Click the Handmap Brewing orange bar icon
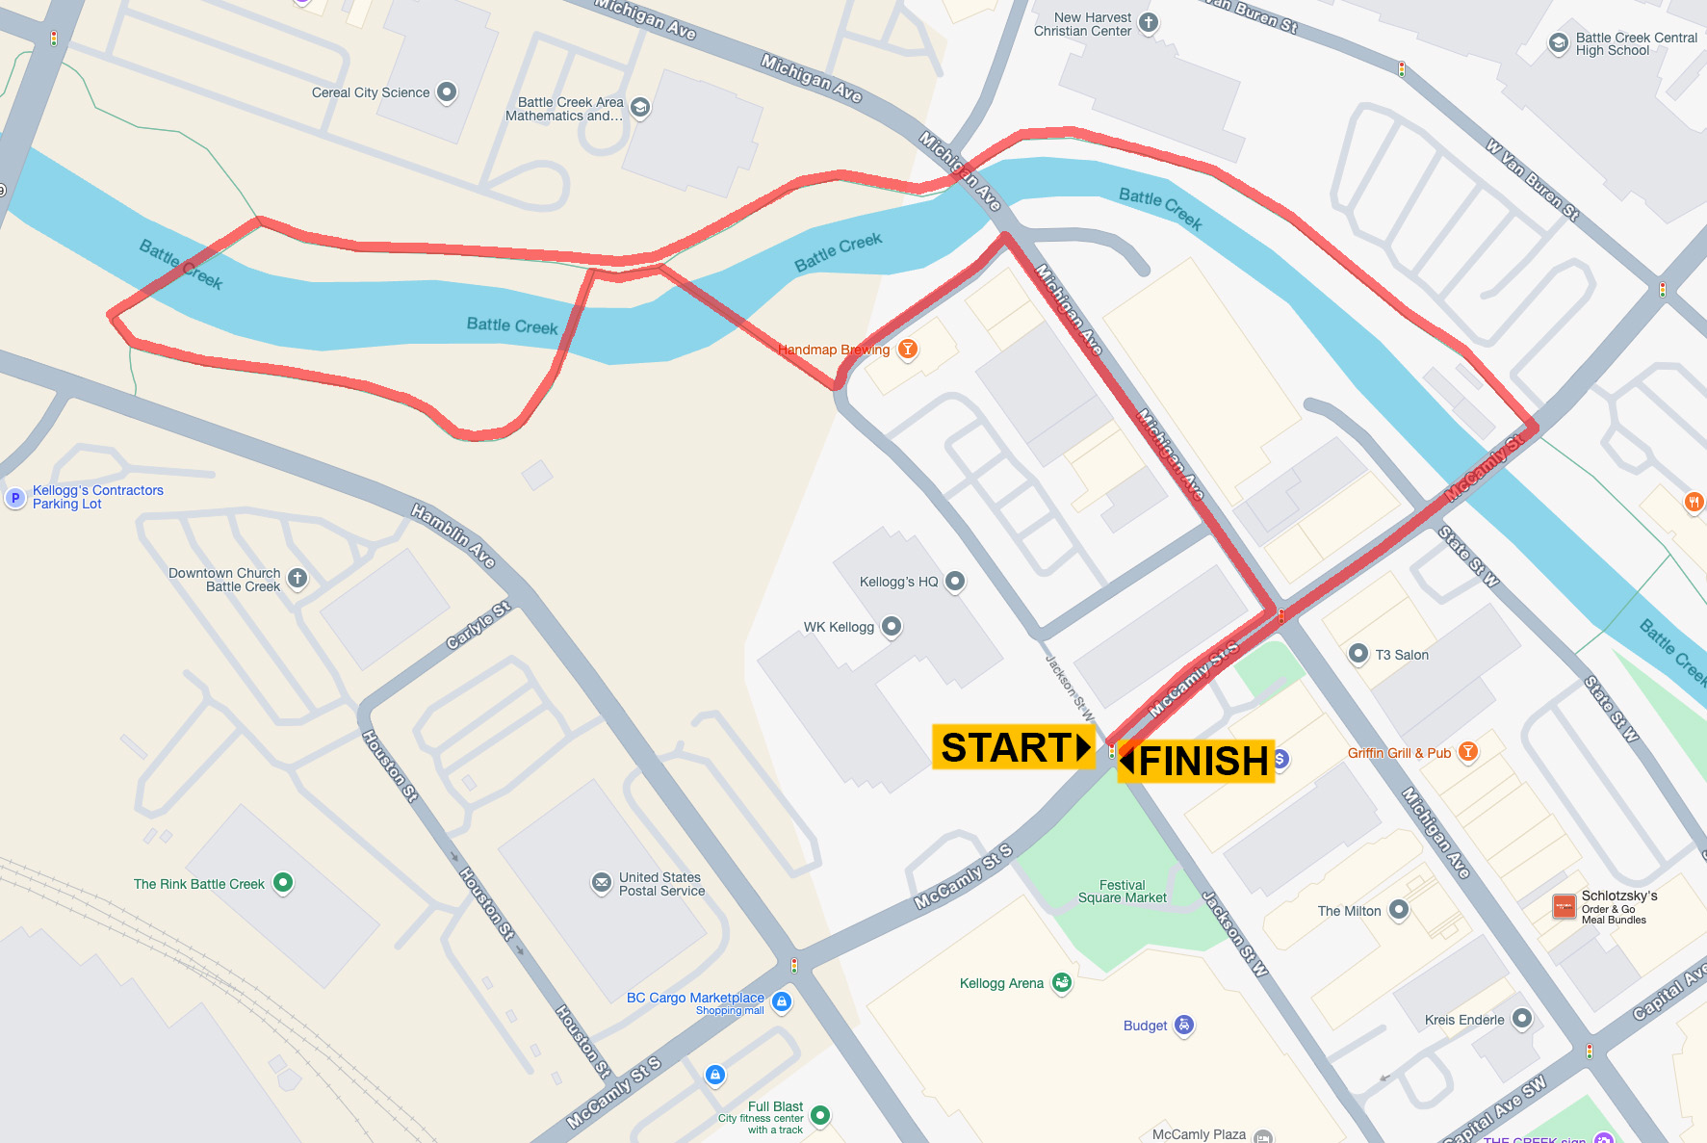[907, 349]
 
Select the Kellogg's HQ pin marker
[954, 581]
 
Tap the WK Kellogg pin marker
[892, 626]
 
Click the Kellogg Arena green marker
[1062, 982]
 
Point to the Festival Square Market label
[1122, 891]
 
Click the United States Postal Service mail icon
[601, 882]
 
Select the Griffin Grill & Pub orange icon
[1467, 751]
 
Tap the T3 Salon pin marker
[1358, 654]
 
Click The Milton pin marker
[1399, 909]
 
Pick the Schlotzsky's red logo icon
[1564, 906]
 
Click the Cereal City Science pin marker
[446, 91]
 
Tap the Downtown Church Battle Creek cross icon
[297, 578]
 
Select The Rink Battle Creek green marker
[282, 881]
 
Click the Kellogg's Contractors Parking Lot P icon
[14, 497]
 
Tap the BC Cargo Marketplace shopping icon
[782, 1001]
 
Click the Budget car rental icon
[1184, 1025]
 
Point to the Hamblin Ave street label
[453, 535]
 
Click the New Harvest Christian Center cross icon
[1148, 22]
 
